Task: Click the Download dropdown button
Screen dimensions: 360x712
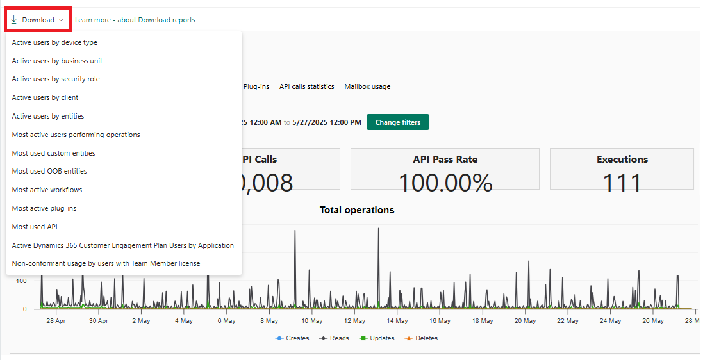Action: pyautogui.click(x=37, y=20)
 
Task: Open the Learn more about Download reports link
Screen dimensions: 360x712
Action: pyautogui.click(x=135, y=20)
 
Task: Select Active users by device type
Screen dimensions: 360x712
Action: pyautogui.click(x=54, y=42)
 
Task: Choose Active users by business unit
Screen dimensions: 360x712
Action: pyautogui.click(x=57, y=61)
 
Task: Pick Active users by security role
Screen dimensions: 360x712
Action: pyautogui.click(x=56, y=79)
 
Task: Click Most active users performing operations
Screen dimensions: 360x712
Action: pyautogui.click(x=76, y=135)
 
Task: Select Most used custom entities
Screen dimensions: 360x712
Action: pyautogui.click(x=53, y=153)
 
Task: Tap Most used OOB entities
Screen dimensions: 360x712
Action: pyautogui.click(x=49, y=171)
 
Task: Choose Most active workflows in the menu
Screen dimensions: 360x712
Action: pyautogui.click(x=47, y=190)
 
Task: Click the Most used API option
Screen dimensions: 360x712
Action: pyautogui.click(x=35, y=227)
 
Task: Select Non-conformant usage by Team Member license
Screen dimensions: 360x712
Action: pyautogui.click(x=106, y=263)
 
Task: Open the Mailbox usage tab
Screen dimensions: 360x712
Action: pyautogui.click(x=367, y=86)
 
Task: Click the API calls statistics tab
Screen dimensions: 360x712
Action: pyautogui.click(x=306, y=86)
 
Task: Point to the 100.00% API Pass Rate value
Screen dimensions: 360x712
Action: pyautogui.click(x=445, y=183)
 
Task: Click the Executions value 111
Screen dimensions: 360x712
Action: pyautogui.click(x=622, y=183)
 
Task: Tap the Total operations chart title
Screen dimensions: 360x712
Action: pyautogui.click(x=357, y=210)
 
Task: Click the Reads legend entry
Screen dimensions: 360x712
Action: pyautogui.click(x=335, y=338)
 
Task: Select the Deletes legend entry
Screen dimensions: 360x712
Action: pyautogui.click(x=421, y=338)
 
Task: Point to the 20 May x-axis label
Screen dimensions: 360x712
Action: pyautogui.click(x=525, y=321)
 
